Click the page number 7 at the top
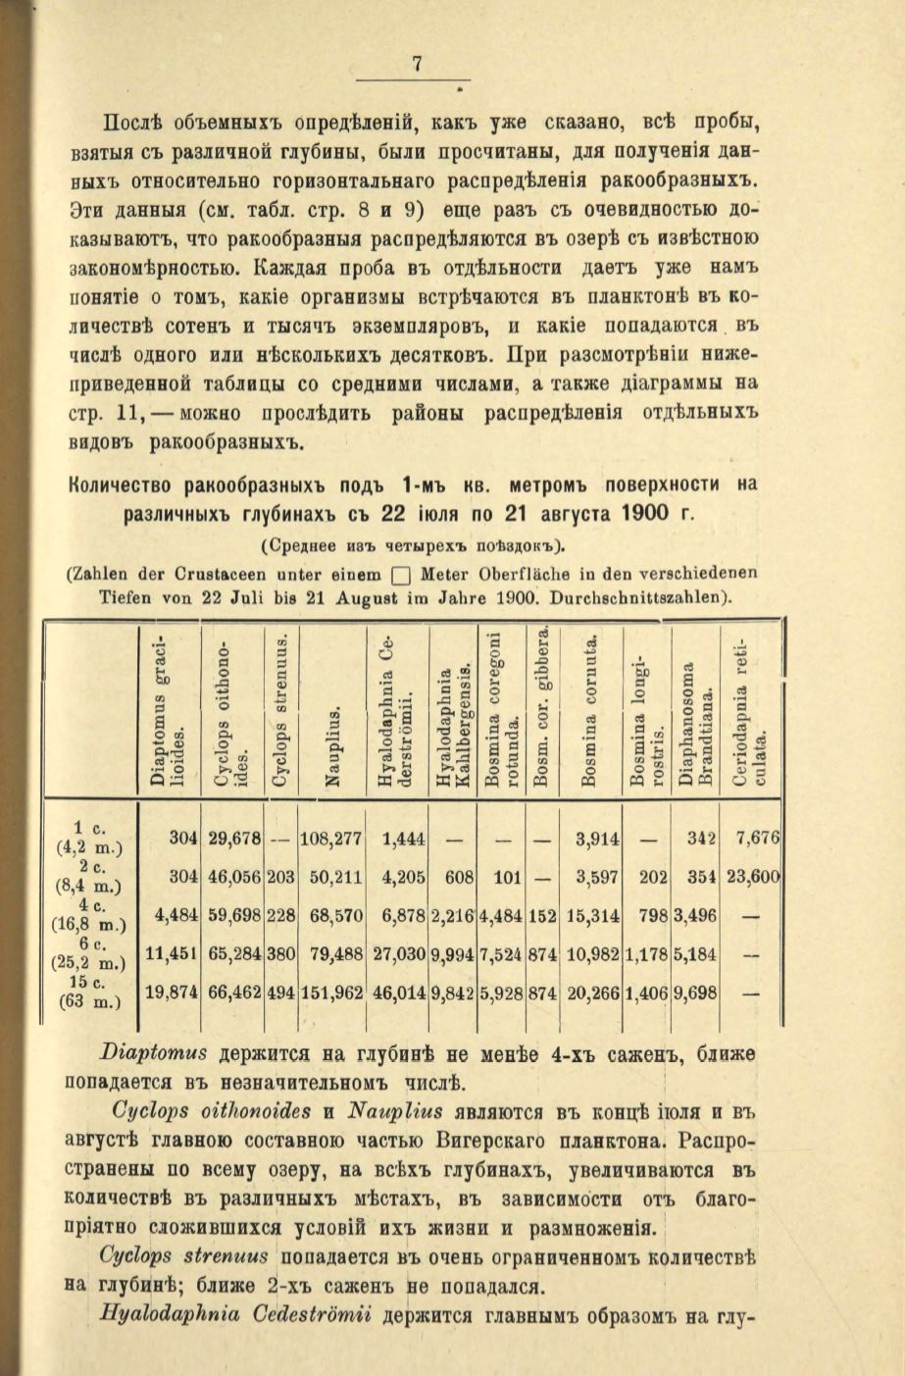click(x=416, y=66)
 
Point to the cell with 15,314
click(x=593, y=915)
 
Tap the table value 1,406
click(x=647, y=992)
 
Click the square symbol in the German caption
click(x=398, y=577)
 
